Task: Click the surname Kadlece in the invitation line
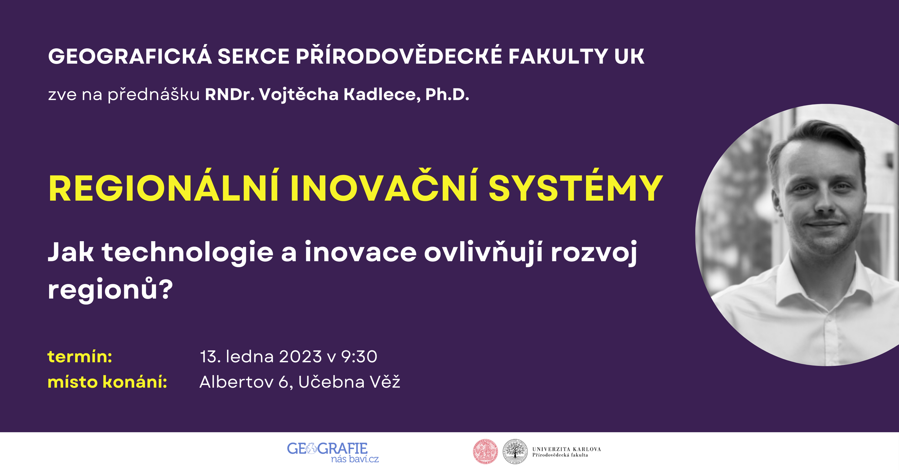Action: click(382, 94)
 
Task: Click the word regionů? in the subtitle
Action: click(110, 288)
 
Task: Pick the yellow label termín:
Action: click(80, 357)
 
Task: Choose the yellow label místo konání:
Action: click(107, 382)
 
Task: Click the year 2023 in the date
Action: click(300, 357)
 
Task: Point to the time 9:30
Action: click(359, 357)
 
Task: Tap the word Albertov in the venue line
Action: click(236, 382)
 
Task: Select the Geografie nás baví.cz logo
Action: click(333, 452)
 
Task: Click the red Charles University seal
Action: click(485, 452)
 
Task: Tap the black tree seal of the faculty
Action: click(515, 452)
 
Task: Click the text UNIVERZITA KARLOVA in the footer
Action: click(566, 449)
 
